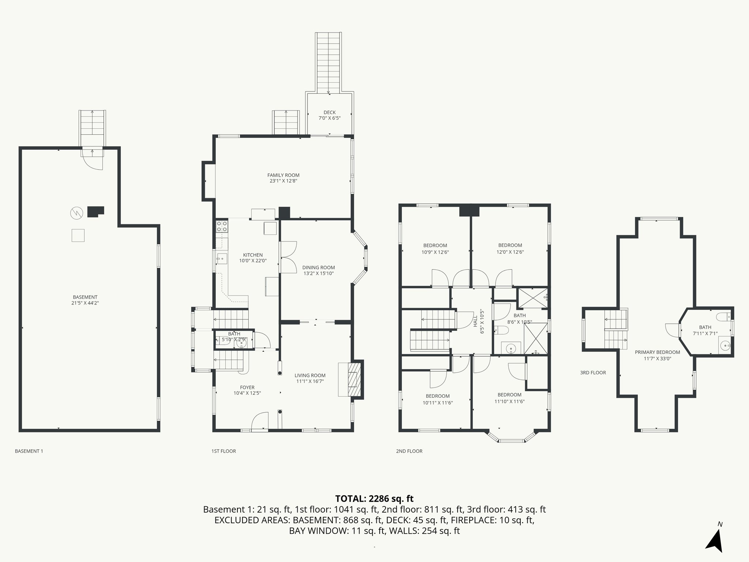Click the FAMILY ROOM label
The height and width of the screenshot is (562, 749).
tap(283, 175)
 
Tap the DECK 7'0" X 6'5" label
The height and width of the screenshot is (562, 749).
tap(329, 115)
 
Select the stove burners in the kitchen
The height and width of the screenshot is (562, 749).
tap(222, 226)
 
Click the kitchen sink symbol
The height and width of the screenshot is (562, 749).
tap(222, 259)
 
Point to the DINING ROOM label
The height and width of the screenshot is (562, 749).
tap(318, 267)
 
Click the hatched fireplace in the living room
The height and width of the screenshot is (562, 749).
tap(353, 379)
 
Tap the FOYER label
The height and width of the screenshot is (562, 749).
tap(247, 387)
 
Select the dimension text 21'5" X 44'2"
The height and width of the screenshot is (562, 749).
tap(85, 303)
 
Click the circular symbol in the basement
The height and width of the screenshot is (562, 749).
tap(77, 213)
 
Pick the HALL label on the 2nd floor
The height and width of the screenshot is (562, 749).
tap(475, 322)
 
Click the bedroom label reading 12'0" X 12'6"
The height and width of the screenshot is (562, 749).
tap(510, 252)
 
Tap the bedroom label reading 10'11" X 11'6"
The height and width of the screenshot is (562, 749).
tap(437, 402)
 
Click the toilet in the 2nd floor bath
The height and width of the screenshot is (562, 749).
tap(502, 331)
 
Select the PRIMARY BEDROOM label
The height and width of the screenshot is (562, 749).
tap(657, 352)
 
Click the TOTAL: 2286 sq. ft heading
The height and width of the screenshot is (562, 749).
tap(374, 498)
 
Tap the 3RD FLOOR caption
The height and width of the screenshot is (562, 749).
tap(593, 372)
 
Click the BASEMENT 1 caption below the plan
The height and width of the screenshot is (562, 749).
tap(29, 451)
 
